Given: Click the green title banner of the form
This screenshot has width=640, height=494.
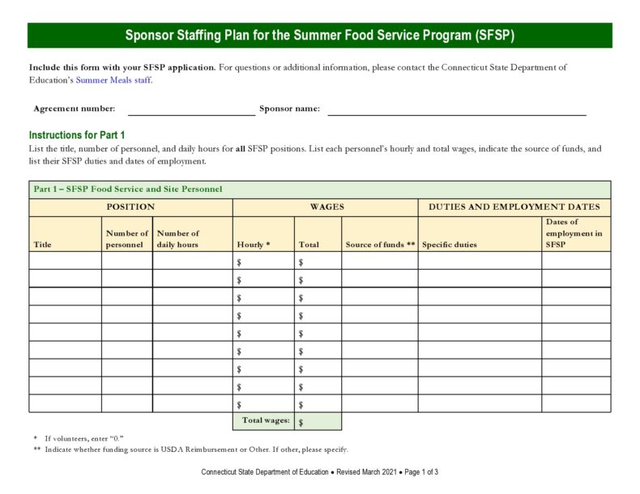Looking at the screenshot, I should [x=319, y=36].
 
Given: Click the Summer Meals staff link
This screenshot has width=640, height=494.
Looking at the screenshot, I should [x=113, y=80].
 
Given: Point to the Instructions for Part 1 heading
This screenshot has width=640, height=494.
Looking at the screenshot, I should [x=77, y=135].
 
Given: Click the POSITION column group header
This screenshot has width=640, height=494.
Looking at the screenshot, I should [x=130, y=207].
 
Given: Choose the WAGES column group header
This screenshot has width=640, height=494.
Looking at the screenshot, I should [x=326, y=207].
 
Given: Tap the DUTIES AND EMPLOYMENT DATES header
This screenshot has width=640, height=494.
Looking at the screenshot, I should [x=514, y=207].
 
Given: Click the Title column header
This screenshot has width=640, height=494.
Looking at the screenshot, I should [x=42, y=245].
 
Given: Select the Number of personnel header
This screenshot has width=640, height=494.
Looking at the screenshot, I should [x=127, y=239].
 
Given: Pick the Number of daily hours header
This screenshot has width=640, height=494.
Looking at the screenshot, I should [x=178, y=239].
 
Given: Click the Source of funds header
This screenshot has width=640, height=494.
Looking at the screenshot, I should [x=380, y=245].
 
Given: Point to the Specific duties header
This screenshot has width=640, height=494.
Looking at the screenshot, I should [x=450, y=245].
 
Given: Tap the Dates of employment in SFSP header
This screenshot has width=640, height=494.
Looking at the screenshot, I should [x=574, y=233].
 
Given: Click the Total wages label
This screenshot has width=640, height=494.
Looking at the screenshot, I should [x=265, y=420].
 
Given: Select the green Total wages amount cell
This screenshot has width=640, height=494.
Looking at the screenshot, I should [x=318, y=422].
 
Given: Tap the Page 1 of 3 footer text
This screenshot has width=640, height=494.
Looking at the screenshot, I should [x=420, y=472].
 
